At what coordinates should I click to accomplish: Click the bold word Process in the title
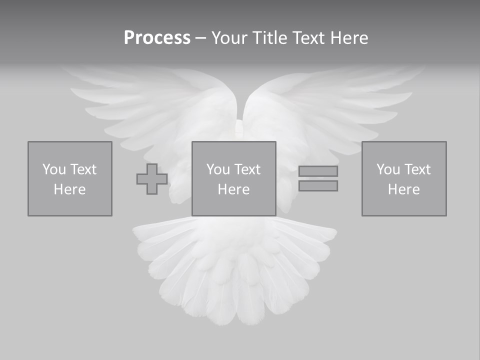click(157, 38)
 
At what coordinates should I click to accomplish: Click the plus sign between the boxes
click(152, 179)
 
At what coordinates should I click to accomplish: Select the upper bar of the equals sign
click(318, 171)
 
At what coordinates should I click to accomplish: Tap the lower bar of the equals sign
click(318, 185)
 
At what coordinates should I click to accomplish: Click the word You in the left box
click(54, 169)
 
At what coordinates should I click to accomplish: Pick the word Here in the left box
click(69, 189)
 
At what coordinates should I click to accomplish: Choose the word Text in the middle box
click(246, 169)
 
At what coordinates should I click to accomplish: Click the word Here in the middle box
click(233, 189)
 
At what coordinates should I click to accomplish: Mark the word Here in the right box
click(403, 189)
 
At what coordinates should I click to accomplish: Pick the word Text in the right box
click(417, 169)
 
